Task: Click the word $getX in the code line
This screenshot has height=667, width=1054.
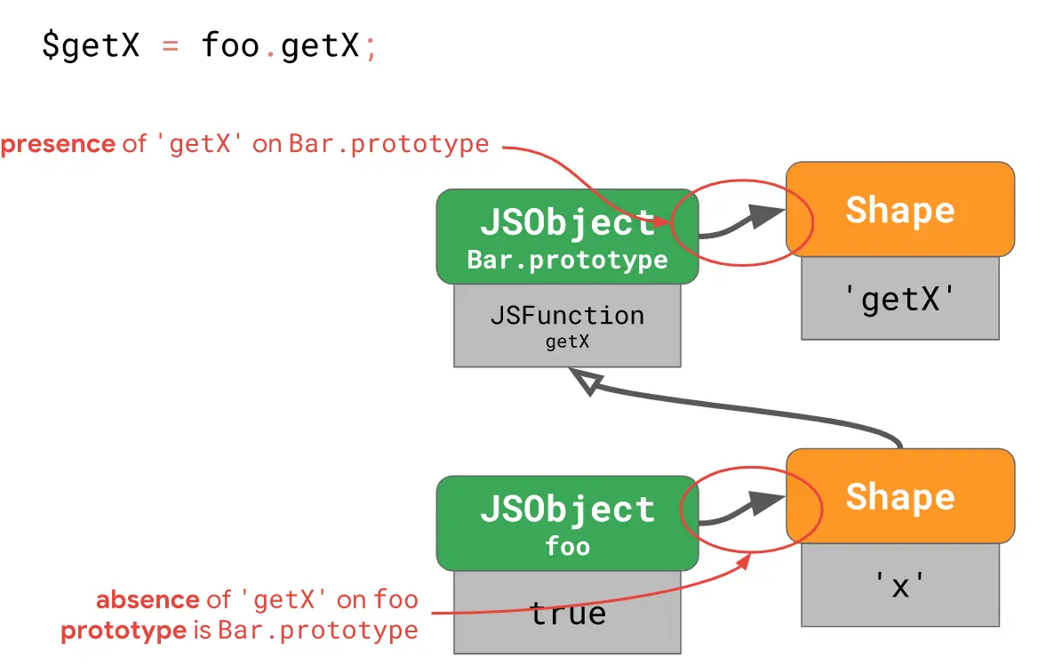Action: pos(91,46)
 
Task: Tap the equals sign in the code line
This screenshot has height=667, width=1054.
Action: pos(171,46)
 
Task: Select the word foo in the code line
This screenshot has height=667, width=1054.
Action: pos(230,45)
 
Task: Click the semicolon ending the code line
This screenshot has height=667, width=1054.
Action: pos(371,48)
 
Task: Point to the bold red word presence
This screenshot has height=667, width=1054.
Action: pos(59,144)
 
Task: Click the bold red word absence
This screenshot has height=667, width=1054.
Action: pos(148,599)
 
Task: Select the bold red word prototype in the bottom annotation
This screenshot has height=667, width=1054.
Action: pos(123,631)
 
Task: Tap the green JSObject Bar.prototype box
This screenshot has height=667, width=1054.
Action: pos(567,237)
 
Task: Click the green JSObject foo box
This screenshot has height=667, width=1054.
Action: pos(567,523)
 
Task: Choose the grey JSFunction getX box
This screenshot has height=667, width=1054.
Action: pos(567,325)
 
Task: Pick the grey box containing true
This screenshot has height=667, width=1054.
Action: pos(567,613)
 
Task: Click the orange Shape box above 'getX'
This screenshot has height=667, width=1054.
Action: pos(900,209)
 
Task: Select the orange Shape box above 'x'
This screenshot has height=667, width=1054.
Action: pos(900,496)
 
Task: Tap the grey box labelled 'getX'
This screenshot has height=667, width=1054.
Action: pos(900,298)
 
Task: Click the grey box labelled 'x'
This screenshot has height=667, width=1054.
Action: pos(900,585)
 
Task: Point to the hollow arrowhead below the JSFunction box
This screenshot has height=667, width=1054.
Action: pos(587,382)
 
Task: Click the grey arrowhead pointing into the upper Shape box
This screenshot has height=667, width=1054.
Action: pos(766,215)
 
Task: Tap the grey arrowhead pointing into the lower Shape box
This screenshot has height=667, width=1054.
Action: pos(766,502)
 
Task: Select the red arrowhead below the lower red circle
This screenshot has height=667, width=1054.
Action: pos(744,560)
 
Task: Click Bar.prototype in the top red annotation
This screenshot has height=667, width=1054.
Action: pos(388,144)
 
